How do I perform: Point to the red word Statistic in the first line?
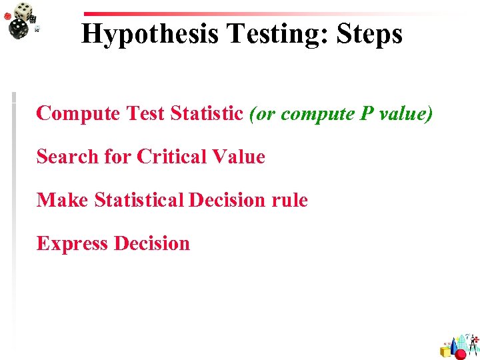[x=207, y=113]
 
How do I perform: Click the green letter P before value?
[x=366, y=113]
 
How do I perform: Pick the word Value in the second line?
[x=238, y=157]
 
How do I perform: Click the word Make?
[x=62, y=200]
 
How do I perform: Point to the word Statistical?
[x=140, y=200]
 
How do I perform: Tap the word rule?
[x=291, y=200]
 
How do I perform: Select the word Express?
[x=72, y=244]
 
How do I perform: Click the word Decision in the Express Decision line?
[x=151, y=243]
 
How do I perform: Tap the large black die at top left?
[x=18, y=29]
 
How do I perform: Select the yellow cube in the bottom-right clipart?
[x=445, y=351]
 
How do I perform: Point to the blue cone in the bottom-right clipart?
[x=454, y=345]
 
